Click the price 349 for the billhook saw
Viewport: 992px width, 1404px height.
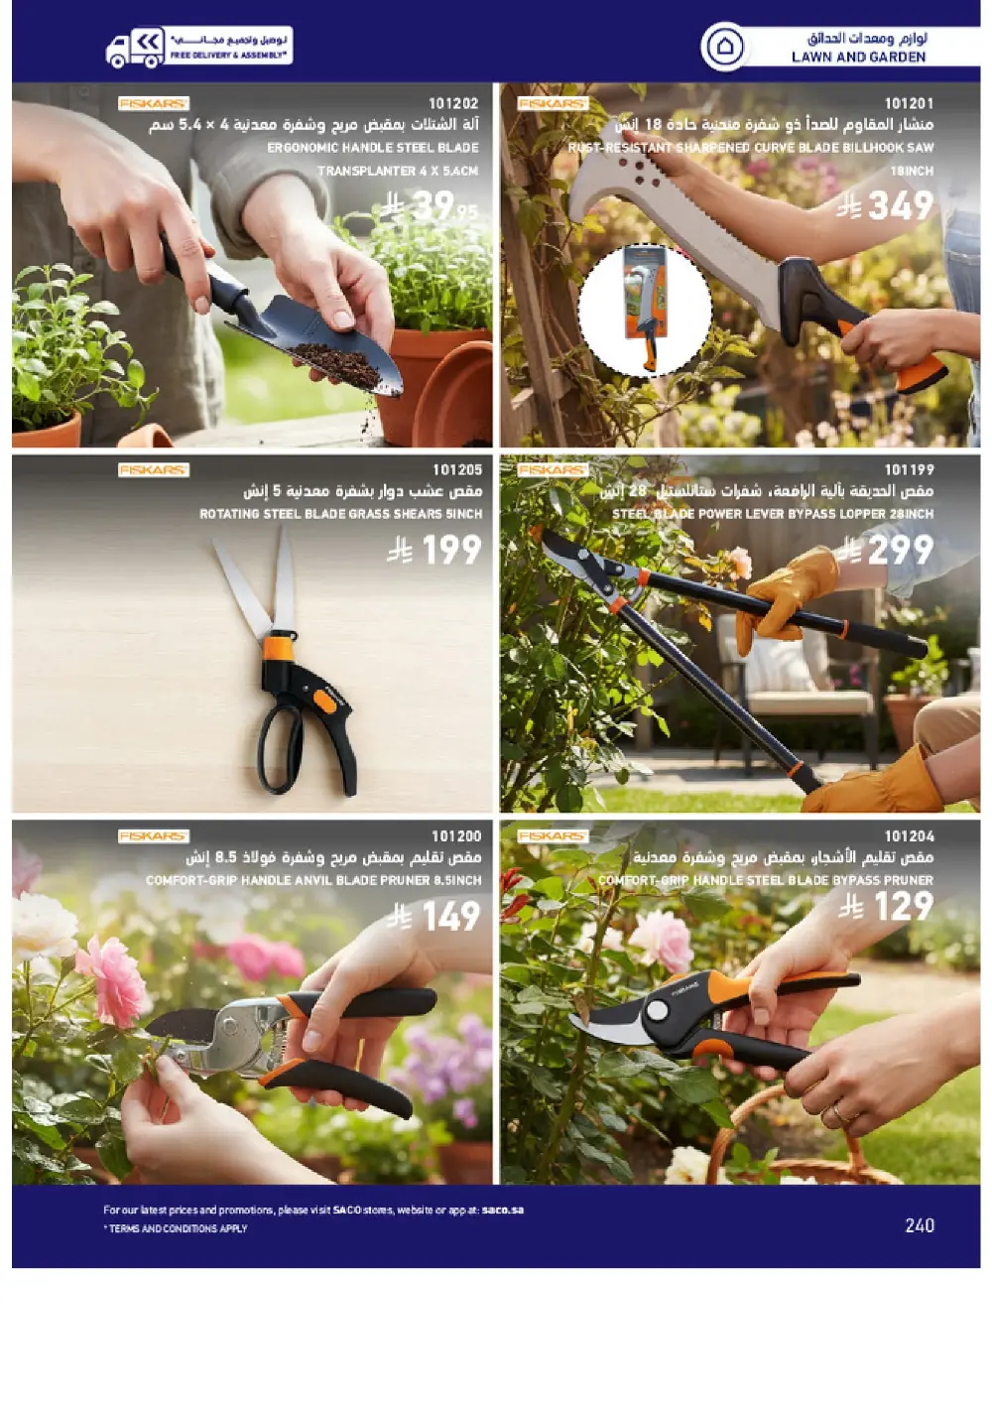pos(899,206)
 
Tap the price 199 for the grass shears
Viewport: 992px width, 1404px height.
pos(449,550)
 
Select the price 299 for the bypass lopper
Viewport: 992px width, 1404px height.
pos(899,550)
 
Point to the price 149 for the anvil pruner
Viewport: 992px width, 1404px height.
pos(449,916)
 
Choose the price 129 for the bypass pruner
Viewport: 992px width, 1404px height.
pos(902,906)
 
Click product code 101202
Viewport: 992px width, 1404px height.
pos(453,103)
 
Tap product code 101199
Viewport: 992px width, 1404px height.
pos(909,469)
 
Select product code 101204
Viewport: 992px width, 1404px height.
pos(909,836)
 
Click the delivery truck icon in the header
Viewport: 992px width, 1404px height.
pos(135,47)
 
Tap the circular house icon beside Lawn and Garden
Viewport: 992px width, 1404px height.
pos(724,47)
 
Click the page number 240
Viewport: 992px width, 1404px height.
pos(920,1225)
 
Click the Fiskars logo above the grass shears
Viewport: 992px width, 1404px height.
pos(153,469)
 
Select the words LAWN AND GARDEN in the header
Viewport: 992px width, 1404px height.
pos(858,58)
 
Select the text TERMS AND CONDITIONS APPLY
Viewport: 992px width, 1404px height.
pos(179,1228)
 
